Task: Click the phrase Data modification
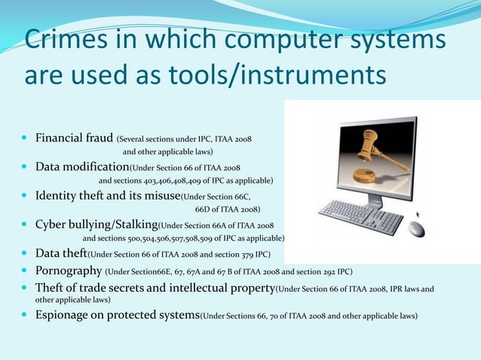[x=82, y=167]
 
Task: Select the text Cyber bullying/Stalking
[x=97, y=224]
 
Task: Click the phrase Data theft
[x=62, y=253]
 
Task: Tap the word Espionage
[x=64, y=315]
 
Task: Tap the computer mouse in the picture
[x=417, y=227]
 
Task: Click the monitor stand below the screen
[x=374, y=200]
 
